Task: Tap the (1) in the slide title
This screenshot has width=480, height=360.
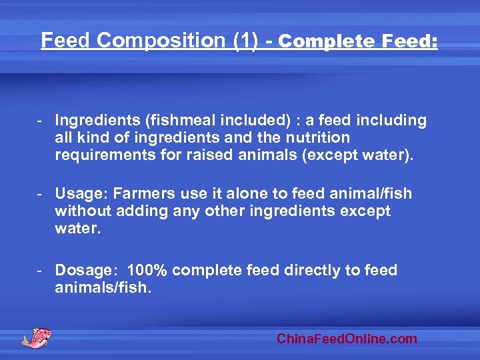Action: (x=245, y=41)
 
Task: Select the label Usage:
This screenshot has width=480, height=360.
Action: (x=81, y=193)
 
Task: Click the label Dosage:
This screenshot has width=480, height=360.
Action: (x=87, y=270)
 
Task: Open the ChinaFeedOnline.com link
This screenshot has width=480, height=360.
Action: (x=347, y=339)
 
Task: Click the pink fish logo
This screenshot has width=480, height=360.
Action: (x=36, y=337)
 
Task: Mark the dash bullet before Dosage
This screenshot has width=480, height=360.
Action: (x=40, y=270)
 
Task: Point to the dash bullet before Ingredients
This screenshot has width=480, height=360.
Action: (x=40, y=120)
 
